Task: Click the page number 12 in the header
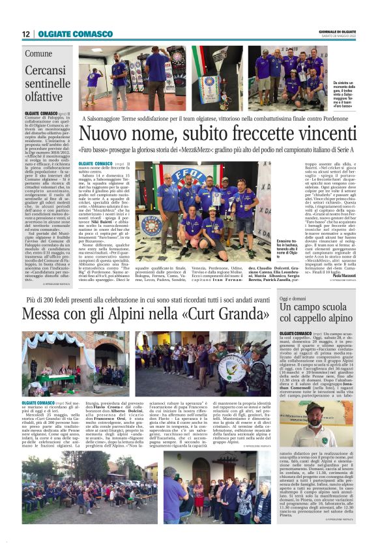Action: point(25,33)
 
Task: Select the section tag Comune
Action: point(38,53)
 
